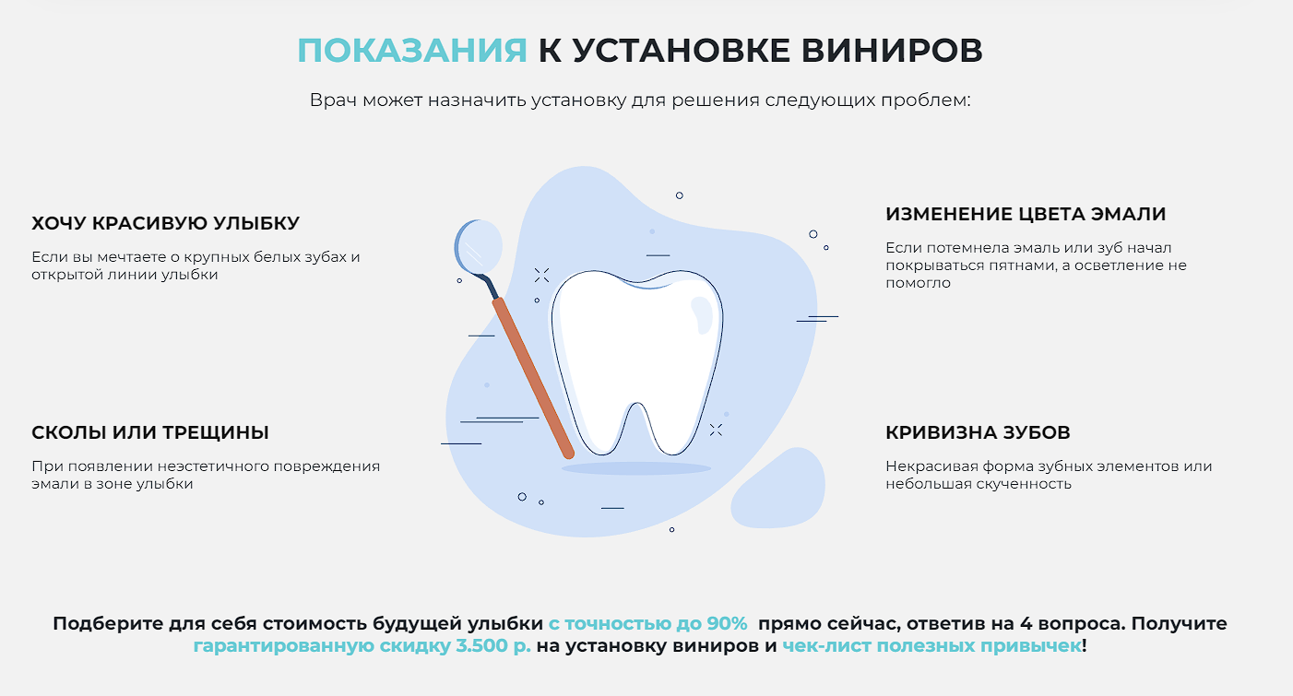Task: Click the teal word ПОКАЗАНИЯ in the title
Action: pos(412,50)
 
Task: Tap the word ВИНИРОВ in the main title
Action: pos(892,50)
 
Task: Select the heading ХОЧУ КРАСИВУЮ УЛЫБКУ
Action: pos(166,223)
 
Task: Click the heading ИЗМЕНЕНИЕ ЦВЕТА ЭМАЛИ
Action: pos(1026,214)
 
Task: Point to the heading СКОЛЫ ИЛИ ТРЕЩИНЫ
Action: pos(150,432)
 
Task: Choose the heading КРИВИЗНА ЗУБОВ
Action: pos(978,432)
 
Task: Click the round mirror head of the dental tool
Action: pos(478,246)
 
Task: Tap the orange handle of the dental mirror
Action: pos(533,378)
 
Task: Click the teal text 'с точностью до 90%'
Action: pos(647,623)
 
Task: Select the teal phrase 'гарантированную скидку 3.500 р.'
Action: pos(362,646)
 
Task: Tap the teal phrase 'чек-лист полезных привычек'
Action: pos(931,646)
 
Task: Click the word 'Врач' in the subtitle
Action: pos(333,100)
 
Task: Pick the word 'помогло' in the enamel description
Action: pos(918,283)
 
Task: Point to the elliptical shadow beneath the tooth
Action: pos(636,468)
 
